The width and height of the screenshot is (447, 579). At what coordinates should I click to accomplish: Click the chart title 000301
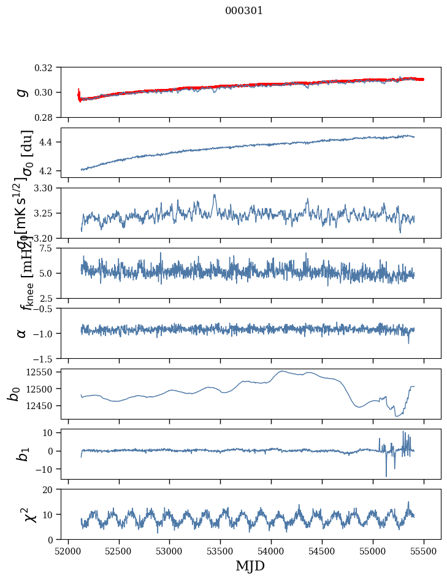(x=244, y=11)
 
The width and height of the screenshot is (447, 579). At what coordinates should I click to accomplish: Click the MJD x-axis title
(x=250, y=566)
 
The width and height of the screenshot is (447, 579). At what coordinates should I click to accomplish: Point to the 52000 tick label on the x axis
(x=68, y=550)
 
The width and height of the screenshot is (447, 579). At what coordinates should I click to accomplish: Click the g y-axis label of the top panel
(x=22, y=92)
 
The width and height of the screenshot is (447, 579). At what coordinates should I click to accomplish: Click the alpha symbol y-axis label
(x=22, y=333)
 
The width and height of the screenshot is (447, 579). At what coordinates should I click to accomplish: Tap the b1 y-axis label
(x=22, y=454)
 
